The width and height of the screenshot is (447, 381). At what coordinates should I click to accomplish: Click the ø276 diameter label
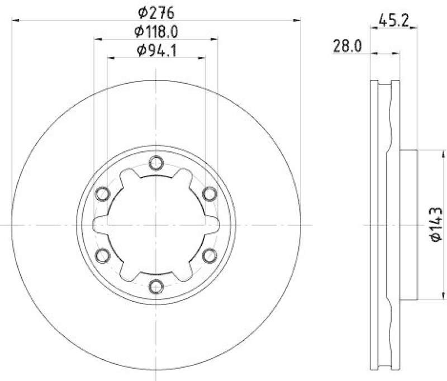[156, 11]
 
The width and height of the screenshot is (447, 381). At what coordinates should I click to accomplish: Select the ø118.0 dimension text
[156, 32]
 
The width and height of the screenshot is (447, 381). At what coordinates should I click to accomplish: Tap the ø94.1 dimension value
[156, 51]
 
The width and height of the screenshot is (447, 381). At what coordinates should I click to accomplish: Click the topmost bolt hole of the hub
[156, 163]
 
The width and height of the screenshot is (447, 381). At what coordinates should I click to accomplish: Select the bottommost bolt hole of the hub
[156, 287]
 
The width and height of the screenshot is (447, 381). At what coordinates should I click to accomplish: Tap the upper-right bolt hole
[209, 194]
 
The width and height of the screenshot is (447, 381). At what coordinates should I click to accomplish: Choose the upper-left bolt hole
[102, 194]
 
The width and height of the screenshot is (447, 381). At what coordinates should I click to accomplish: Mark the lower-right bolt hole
[209, 256]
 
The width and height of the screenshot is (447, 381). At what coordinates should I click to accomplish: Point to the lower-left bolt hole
[102, 256]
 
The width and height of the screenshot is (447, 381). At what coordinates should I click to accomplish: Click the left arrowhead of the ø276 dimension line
[15, 20]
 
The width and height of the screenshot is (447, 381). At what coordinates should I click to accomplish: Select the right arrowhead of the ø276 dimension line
[298, 20]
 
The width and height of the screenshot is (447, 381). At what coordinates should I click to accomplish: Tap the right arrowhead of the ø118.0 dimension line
[215, 39]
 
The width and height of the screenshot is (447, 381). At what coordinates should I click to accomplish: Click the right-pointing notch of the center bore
[215, 225]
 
